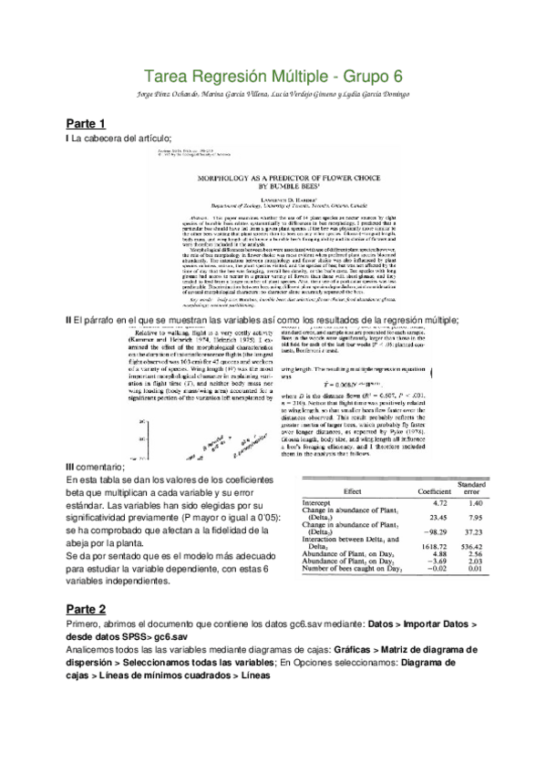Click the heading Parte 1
pyautogui.click(x=87, y=122)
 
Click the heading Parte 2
pyautogui.click(x=87, y=608)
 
